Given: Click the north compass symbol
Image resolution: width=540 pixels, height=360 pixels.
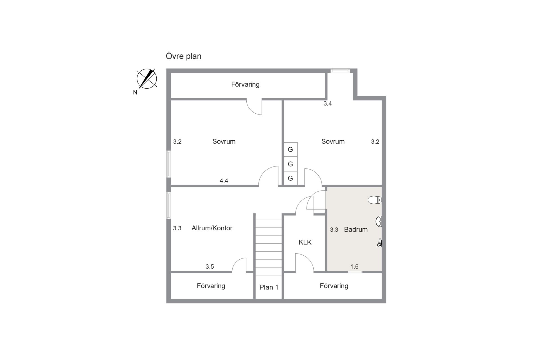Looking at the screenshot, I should (x=147, y=79).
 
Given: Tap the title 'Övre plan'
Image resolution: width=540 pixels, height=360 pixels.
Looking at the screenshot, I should (x=183, y=56).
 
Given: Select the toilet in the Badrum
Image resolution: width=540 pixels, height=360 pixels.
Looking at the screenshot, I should (x=375, y=200).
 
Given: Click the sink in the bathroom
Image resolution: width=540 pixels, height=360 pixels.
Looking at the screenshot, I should (x=379, y=221).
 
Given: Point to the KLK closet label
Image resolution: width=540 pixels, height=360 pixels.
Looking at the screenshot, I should (x=305, y=242).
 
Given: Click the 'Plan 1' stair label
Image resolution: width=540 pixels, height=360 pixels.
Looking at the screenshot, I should (x=269, y=287).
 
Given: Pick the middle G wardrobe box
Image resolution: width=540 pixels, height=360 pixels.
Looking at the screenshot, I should (x=290, y=164).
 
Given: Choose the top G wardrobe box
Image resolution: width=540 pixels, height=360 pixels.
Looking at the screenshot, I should (x=290, y=149).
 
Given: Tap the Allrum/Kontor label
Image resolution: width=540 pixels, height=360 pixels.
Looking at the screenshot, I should (x=212, y=228).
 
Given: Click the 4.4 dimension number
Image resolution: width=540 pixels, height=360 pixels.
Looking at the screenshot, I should (x=224, y=181).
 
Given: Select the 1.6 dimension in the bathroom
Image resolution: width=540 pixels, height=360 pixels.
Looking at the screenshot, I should (x=354, y=266).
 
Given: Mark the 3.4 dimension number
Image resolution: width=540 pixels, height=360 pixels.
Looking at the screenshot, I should (x=327, y=103).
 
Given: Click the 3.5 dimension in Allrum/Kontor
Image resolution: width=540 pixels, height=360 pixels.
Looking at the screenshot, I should (x=210, y=267).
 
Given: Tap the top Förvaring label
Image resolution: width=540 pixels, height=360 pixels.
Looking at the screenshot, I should (x=245, y=84).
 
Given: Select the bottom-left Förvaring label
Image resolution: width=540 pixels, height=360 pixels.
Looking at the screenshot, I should (x=211, y=286).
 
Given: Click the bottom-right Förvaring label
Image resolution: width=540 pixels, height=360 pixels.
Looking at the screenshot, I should (x=334, y=286).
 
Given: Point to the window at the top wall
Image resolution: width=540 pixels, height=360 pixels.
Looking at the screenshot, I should (x=340, y=71).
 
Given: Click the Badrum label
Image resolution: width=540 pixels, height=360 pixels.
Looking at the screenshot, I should (x=356, y=229).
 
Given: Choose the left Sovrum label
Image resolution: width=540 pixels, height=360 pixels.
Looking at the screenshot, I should (x=224, y=141).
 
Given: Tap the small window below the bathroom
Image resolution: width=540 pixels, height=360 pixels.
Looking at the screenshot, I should (x=355, y=272).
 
